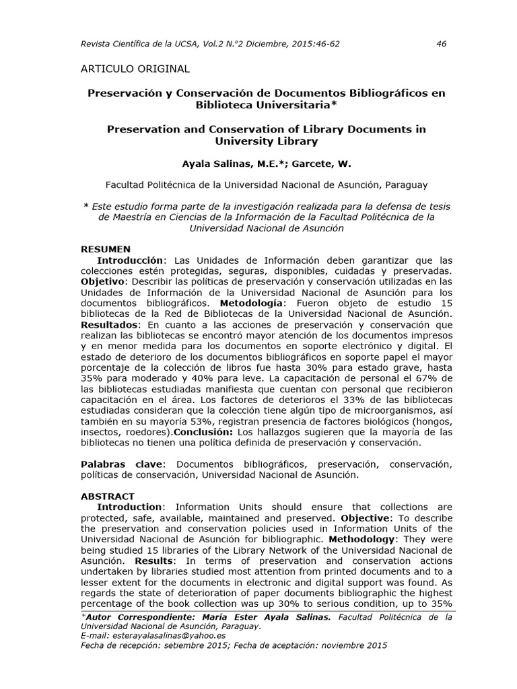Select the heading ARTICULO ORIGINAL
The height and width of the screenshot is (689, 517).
tap(135, 69)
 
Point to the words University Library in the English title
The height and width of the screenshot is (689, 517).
tap(266, 141)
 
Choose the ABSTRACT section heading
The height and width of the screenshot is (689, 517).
tap(108, 497)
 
